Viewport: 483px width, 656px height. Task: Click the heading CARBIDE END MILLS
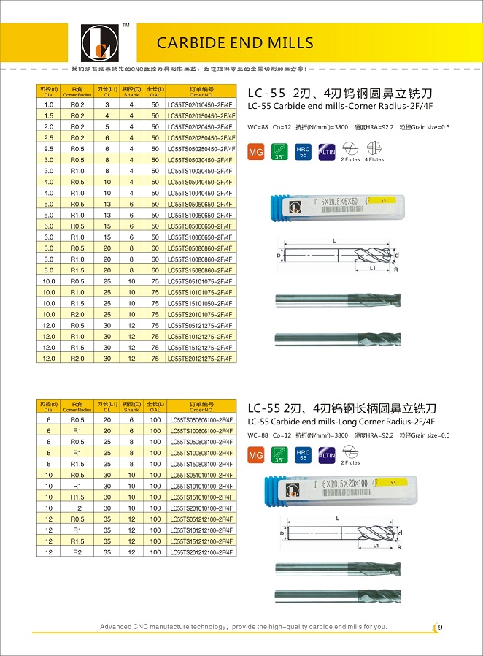click(x=235, y=42)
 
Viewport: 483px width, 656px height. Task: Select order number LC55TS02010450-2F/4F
click(x=201, y=104)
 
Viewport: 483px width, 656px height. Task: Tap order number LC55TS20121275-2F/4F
click(x=201, y=358)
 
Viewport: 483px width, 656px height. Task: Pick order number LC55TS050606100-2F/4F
click(x=201, y=420)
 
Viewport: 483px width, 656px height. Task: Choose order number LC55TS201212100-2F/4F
click(x=201, y=552)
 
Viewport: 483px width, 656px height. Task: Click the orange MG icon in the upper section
click(x=256, y=153)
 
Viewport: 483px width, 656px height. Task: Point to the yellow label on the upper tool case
click(x=379, y=199)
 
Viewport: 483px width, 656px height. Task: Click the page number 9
click(x=441, y=626)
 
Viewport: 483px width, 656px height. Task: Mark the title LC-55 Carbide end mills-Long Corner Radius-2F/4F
click(x=341, y=422)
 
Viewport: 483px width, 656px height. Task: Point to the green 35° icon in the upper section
click(x=279, y=153)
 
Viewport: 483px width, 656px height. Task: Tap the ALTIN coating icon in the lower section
click(x=327, y=455)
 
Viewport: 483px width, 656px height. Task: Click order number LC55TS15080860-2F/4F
click(x=201, y=270)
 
